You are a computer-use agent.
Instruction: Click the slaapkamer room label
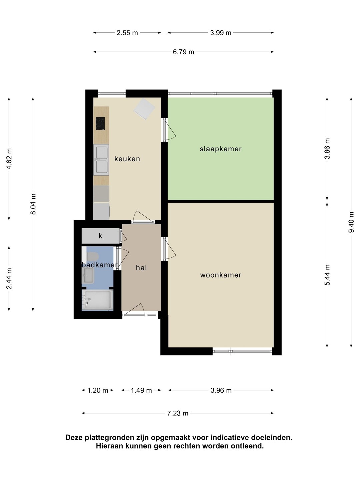coord(221,149)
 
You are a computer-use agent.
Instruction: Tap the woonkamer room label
coord(221,275)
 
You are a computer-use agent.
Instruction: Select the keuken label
coord(127,159)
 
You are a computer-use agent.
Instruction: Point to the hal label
coord(141,268)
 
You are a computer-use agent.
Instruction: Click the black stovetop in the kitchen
coord(100,124)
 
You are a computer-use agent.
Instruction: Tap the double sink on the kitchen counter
coord(101,160)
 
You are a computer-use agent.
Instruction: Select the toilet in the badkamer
coord(93,257)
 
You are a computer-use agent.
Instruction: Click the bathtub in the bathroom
coord(97,300)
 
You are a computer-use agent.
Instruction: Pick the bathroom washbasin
coord(88,275)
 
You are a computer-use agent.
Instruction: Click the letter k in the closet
coord(101,236)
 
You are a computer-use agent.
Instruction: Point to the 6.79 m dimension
coord(183,52)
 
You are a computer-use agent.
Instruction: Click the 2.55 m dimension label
coord(127,33)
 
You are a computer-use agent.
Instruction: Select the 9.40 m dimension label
coord(351,222)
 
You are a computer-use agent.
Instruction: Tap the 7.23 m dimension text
coord(178,413)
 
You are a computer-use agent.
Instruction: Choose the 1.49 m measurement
coord(141,390)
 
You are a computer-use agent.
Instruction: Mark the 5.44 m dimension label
coord(327,275)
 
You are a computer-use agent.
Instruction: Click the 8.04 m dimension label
coord(33,204)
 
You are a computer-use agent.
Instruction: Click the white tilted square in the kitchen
coord(144,109)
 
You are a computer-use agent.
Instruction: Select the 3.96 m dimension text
coord(221,390)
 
